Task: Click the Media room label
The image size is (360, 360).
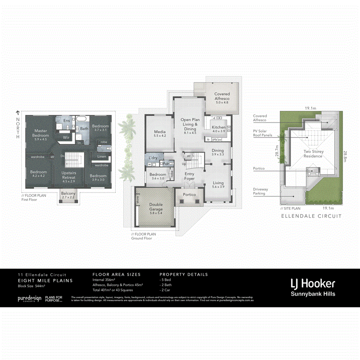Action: [160, 133]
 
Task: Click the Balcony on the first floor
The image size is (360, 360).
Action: [68, 195]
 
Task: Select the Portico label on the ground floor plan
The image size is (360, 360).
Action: [189, 195]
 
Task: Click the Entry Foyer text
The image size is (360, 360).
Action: [190, 176]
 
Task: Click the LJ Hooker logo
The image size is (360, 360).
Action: [313, 284]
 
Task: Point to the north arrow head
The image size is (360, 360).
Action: [17, 112]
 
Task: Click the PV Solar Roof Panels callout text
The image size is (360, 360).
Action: [263, 133]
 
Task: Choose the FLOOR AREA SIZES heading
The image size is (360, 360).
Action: [117, 275]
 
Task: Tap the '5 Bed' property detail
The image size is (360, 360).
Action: [166, 280]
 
